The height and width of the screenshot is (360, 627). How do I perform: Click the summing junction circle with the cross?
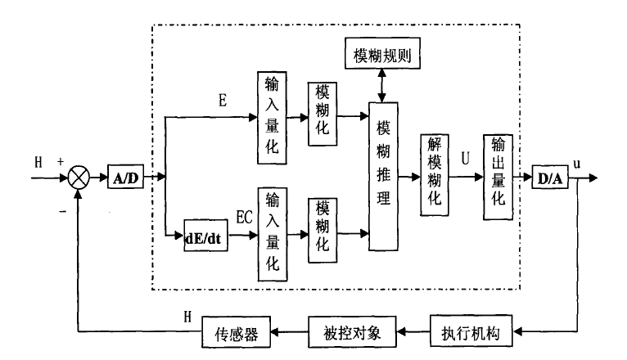click(78, 176)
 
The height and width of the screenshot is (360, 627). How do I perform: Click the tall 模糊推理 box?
click(383, 176)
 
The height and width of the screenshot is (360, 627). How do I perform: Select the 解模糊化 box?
click(435, 175)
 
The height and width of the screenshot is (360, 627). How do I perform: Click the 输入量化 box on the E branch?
click(273, 117)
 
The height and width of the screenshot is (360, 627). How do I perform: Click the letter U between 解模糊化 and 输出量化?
click(465, 158)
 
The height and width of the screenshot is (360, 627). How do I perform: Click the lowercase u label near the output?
click(576, 163)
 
